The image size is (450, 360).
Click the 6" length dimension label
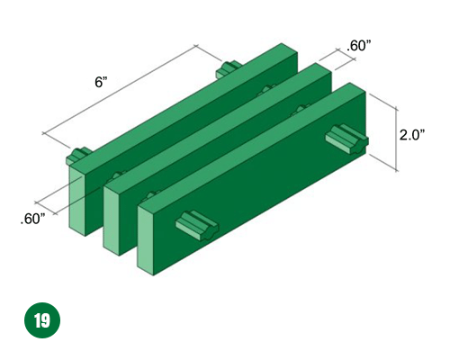[101, 82]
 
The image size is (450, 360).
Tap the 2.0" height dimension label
[412, 135]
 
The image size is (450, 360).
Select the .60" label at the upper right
[358, 46]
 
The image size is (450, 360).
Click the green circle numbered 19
[42, 320]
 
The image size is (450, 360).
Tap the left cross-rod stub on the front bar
[197, 225]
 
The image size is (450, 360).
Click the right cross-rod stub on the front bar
[347, 139]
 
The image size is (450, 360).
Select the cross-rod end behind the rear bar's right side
[229, 68]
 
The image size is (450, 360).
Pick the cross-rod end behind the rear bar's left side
[78, 156]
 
